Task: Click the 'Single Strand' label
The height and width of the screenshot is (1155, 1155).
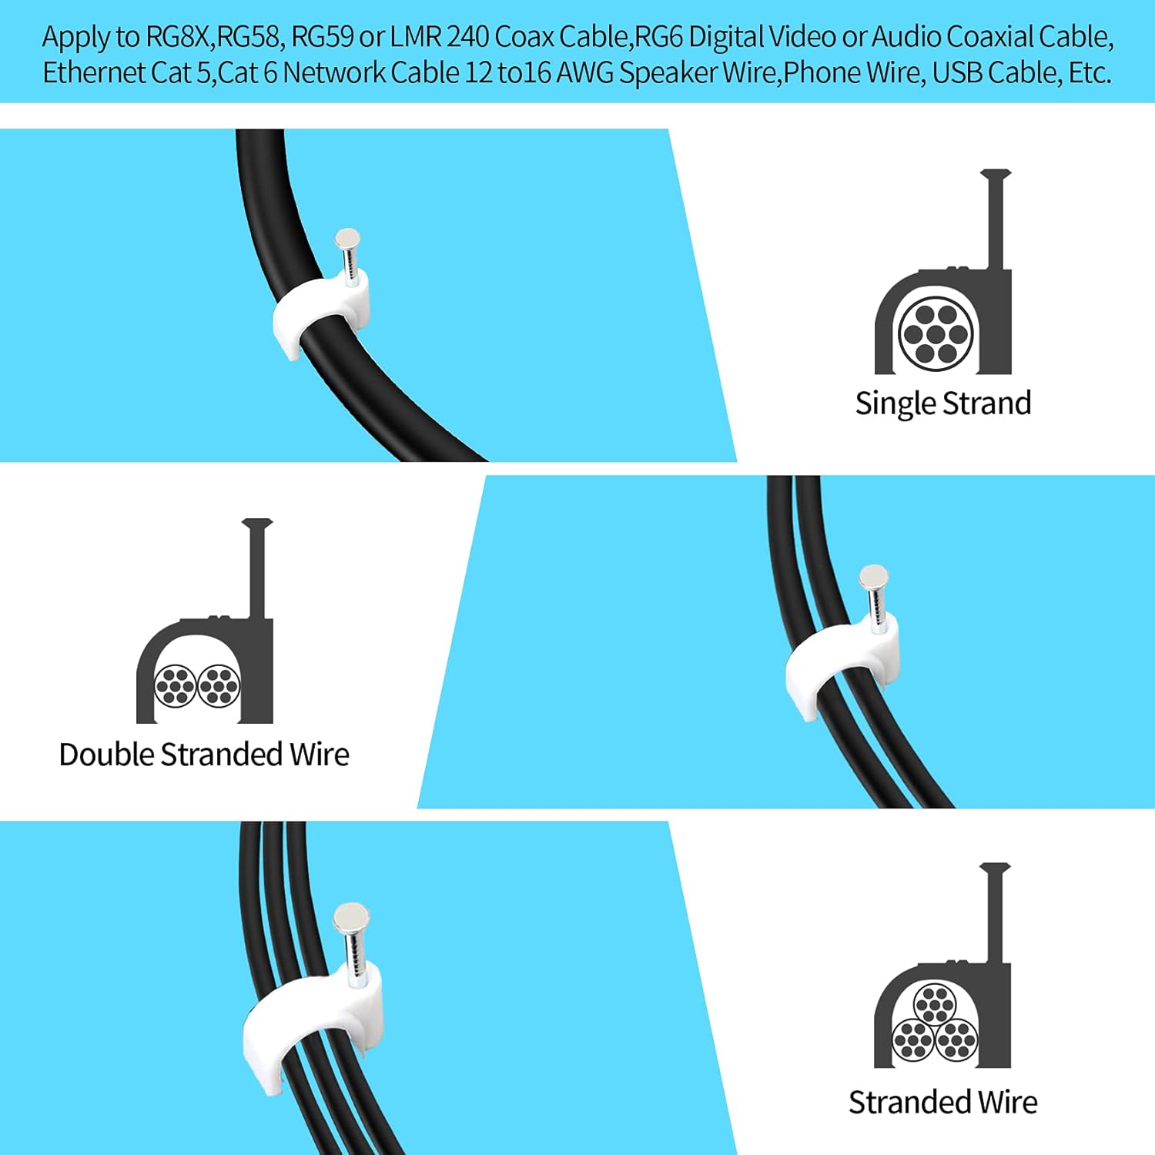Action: (942, 403)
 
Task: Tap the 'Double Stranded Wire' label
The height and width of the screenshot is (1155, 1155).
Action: (204, 755)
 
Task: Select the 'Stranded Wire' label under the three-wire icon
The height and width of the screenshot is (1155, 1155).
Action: (942, 1102)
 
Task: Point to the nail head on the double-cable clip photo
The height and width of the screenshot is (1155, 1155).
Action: (873, 576)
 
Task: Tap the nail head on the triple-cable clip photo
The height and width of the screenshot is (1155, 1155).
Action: (351, 916)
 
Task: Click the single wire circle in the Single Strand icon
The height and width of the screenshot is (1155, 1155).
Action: (936, 334)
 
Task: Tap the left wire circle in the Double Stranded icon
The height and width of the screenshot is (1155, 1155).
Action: (176, 685)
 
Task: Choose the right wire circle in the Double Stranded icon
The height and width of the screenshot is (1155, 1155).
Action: (219, 685)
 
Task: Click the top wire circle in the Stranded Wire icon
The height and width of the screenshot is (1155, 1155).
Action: (935, 1006)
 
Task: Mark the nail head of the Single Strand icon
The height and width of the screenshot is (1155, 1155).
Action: (995, 175)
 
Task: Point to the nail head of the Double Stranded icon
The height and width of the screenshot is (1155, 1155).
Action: (257, 524)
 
